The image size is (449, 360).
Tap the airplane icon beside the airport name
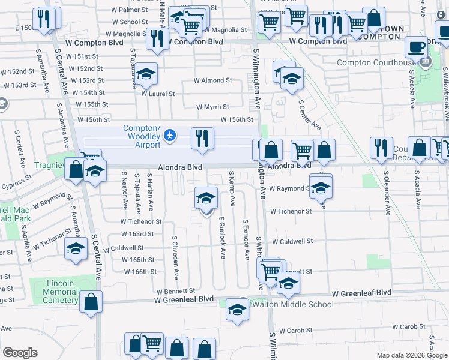(170, 134)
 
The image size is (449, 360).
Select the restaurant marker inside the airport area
(202, 138)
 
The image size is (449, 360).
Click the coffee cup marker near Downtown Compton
(416, 46)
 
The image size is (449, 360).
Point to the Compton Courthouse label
(375, 63)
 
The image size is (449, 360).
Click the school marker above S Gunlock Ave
(206, 197)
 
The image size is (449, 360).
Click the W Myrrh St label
(212, 107)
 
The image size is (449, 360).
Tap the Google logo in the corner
(20, 352)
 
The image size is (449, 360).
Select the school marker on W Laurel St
(146, 74)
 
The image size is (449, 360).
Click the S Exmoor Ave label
(246, 239)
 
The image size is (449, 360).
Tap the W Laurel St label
(158, 94)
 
